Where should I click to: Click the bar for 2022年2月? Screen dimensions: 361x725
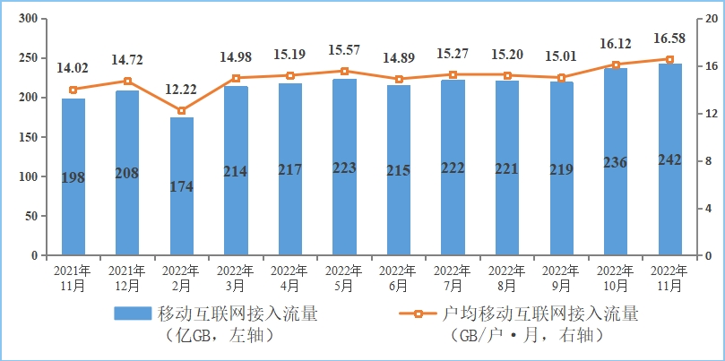pyautogui.click(x=182, y=186)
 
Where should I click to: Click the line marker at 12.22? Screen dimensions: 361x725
pyautogui.click(x=182, y=111)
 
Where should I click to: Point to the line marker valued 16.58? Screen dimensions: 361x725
pyautogui.click(x=669, y=59)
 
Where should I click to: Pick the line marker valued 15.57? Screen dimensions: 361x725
pyautogui.click(x=344, y=71)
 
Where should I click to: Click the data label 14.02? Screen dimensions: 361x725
pyautogui.click(x=73, y=67)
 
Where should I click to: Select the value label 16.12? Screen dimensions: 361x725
pyautogui.click(x=616, y=42)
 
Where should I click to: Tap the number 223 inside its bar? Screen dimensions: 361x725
pyautogui.click(x=344, y=168)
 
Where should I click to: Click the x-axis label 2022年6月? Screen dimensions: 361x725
pyautogui.click(x=399, y=279)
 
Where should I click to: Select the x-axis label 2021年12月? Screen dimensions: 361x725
pyautogui.click(x=127, y=279)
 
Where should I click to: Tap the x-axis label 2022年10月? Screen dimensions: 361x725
pyautogui.click(x=616, y=279)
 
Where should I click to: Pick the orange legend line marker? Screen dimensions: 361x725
pyautogui.click(x=419, y=314)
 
